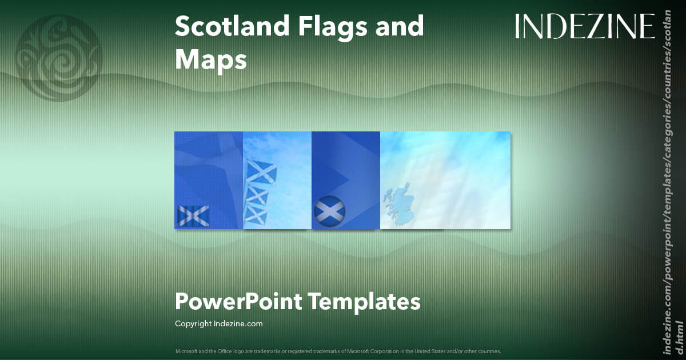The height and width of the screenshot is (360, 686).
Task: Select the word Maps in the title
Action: [211, 59]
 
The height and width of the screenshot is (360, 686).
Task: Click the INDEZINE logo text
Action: [585, 27]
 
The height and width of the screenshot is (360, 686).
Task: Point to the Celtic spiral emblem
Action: [59, 58]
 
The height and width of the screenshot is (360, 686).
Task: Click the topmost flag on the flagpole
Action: [261, 170]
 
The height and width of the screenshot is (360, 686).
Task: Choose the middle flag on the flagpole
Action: [258, 195]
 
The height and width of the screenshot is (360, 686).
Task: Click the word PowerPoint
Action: [238, 301]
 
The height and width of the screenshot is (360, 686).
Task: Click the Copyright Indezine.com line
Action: [219, 324]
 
